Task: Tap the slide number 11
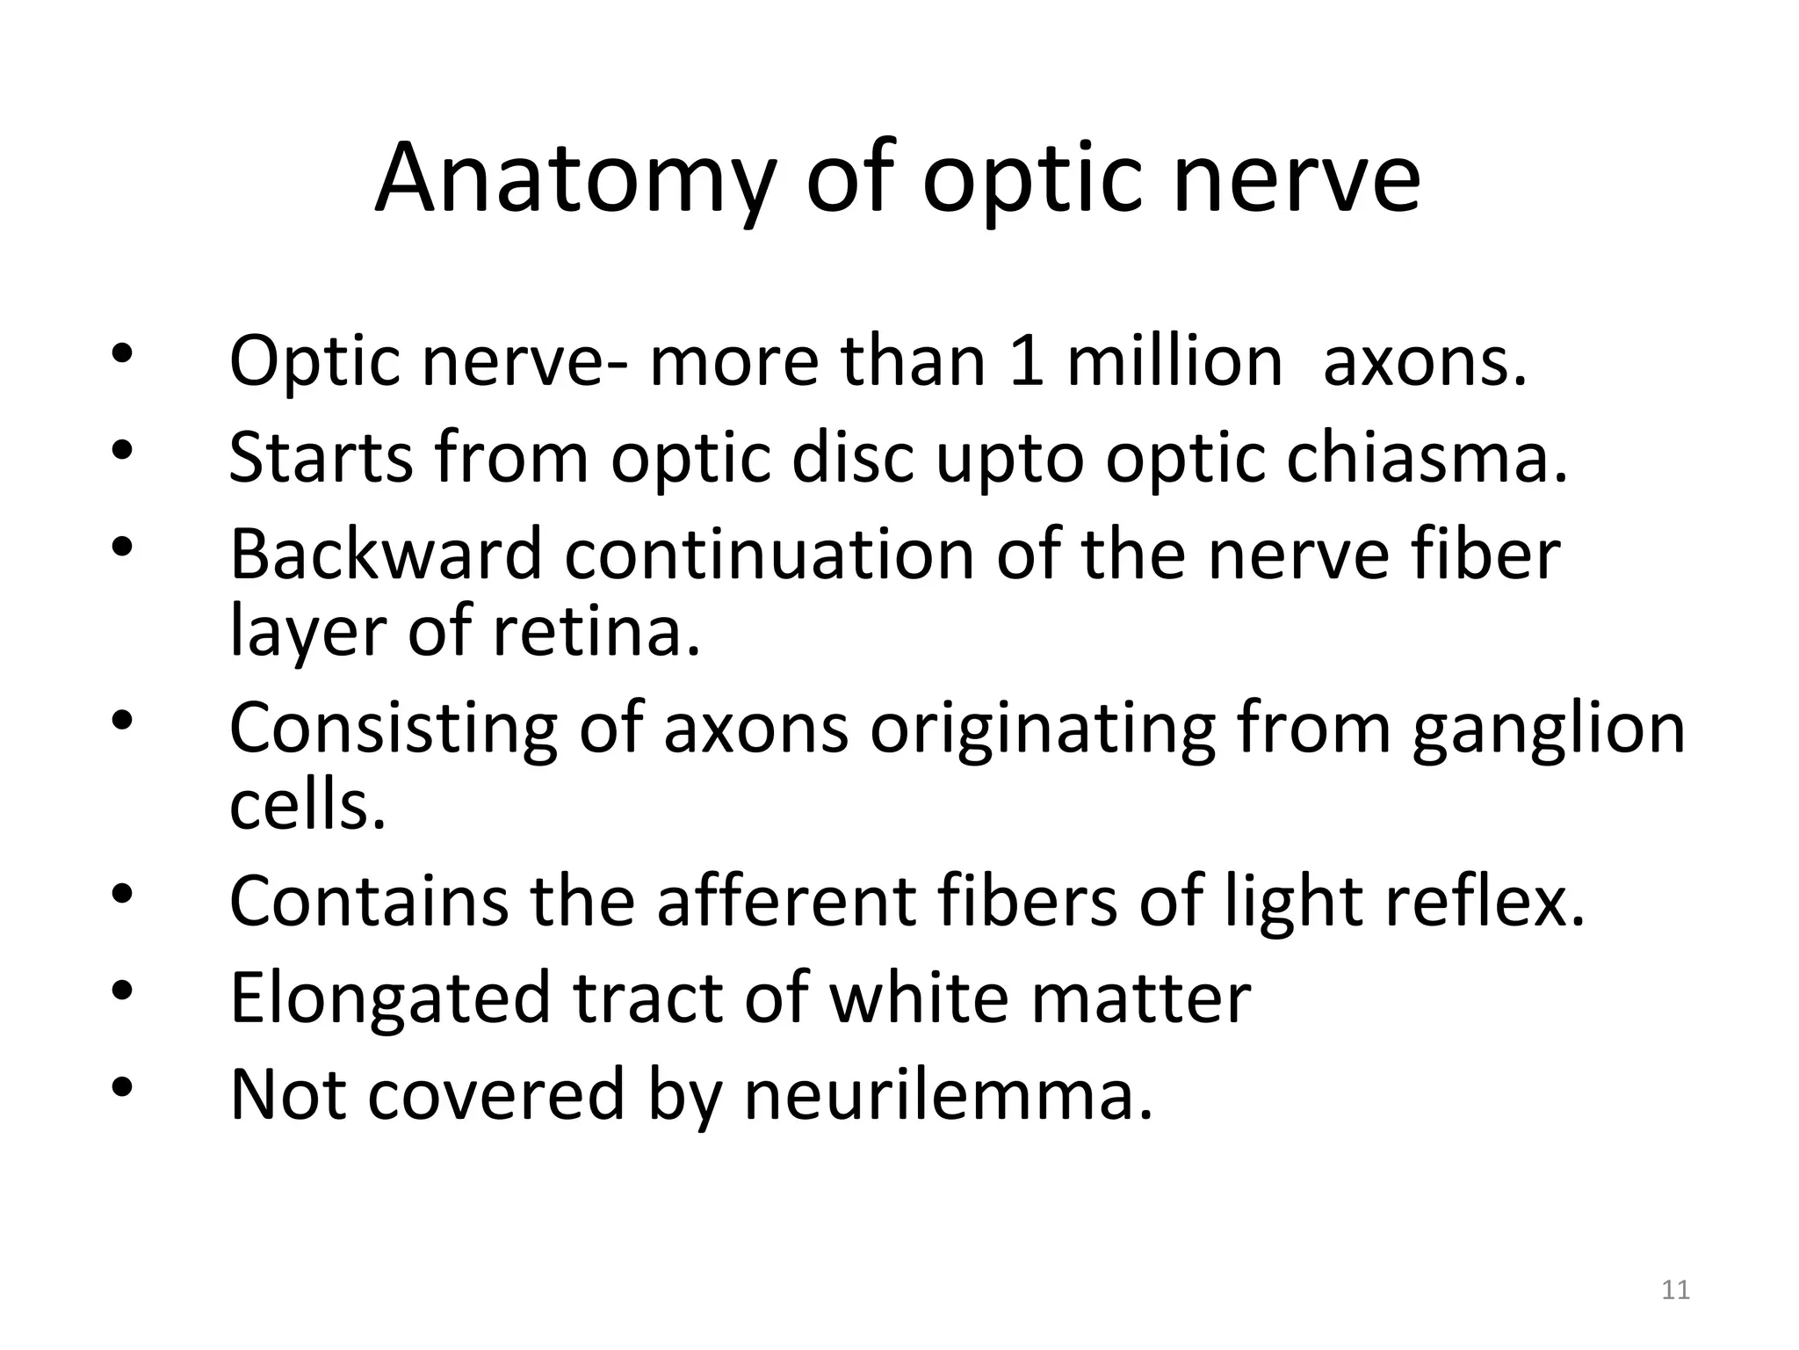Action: pyautogui.click(x=1676, y=1290)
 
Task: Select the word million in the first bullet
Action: pyautogui.click(x=1174, y=362)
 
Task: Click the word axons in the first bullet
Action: pyautogui.click(x=1425, y=362)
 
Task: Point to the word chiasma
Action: pyautogui.click(x=1427, y=459)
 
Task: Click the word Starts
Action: pyautogui.click(x=322, y=459)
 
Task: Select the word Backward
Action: pyautogui.click(x=385, y=555)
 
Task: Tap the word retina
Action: pyautogui.click(x=597, y=632)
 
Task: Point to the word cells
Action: pyautogui.click(x=307, y=806)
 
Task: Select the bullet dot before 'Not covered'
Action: pyautogui.click(x=122, y=1088)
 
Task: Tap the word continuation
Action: pyautogui.click(x=769, y=555)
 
